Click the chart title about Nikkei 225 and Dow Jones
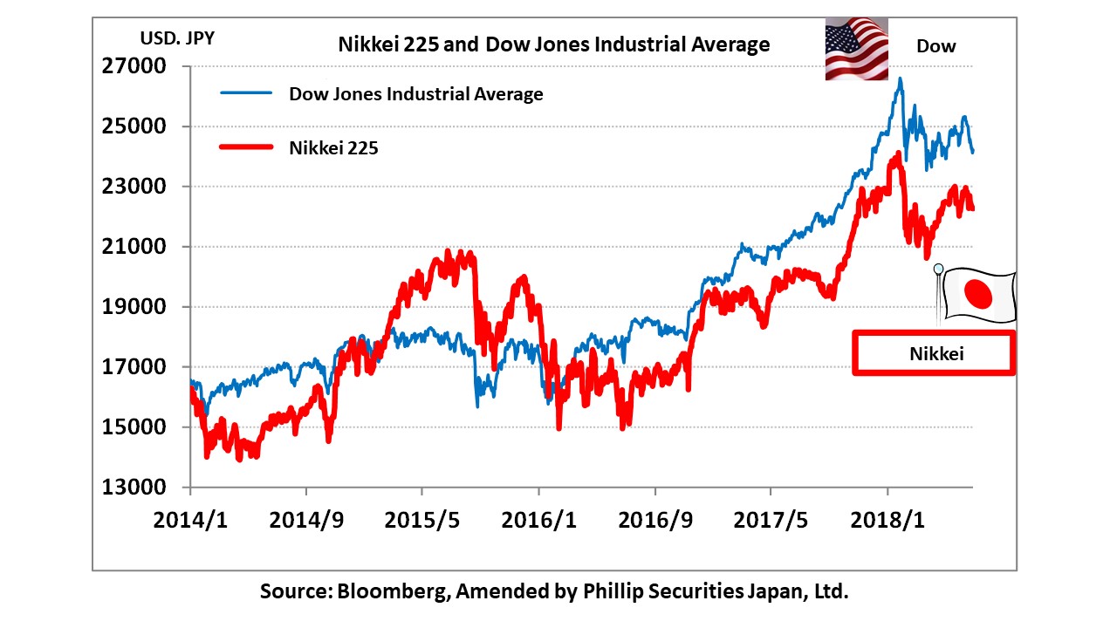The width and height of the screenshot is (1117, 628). pyautogui.click(x=554, y=44)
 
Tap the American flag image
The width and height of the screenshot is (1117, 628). pyautogui.click(x=856, y=49)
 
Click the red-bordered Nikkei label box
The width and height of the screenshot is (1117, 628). pyautogui.click(x=934, y=353)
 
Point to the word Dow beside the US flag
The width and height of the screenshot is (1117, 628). pyautogui.click(x=935, y=46)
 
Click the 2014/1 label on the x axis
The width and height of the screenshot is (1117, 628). pyautogui.click(x=189, y=520)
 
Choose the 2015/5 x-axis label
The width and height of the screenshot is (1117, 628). pyautogui.click(x=422, y=520)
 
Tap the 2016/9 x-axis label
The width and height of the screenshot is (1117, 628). pyautogui.click(x=654, y=520)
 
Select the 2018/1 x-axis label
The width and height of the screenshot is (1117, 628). pyautogui.click(x=887, y=520)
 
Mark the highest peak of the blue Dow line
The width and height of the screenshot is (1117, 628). pyautogui.click(x=901, y=78)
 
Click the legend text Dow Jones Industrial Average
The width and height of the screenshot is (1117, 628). pyautogui.click(x=416, y=94)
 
